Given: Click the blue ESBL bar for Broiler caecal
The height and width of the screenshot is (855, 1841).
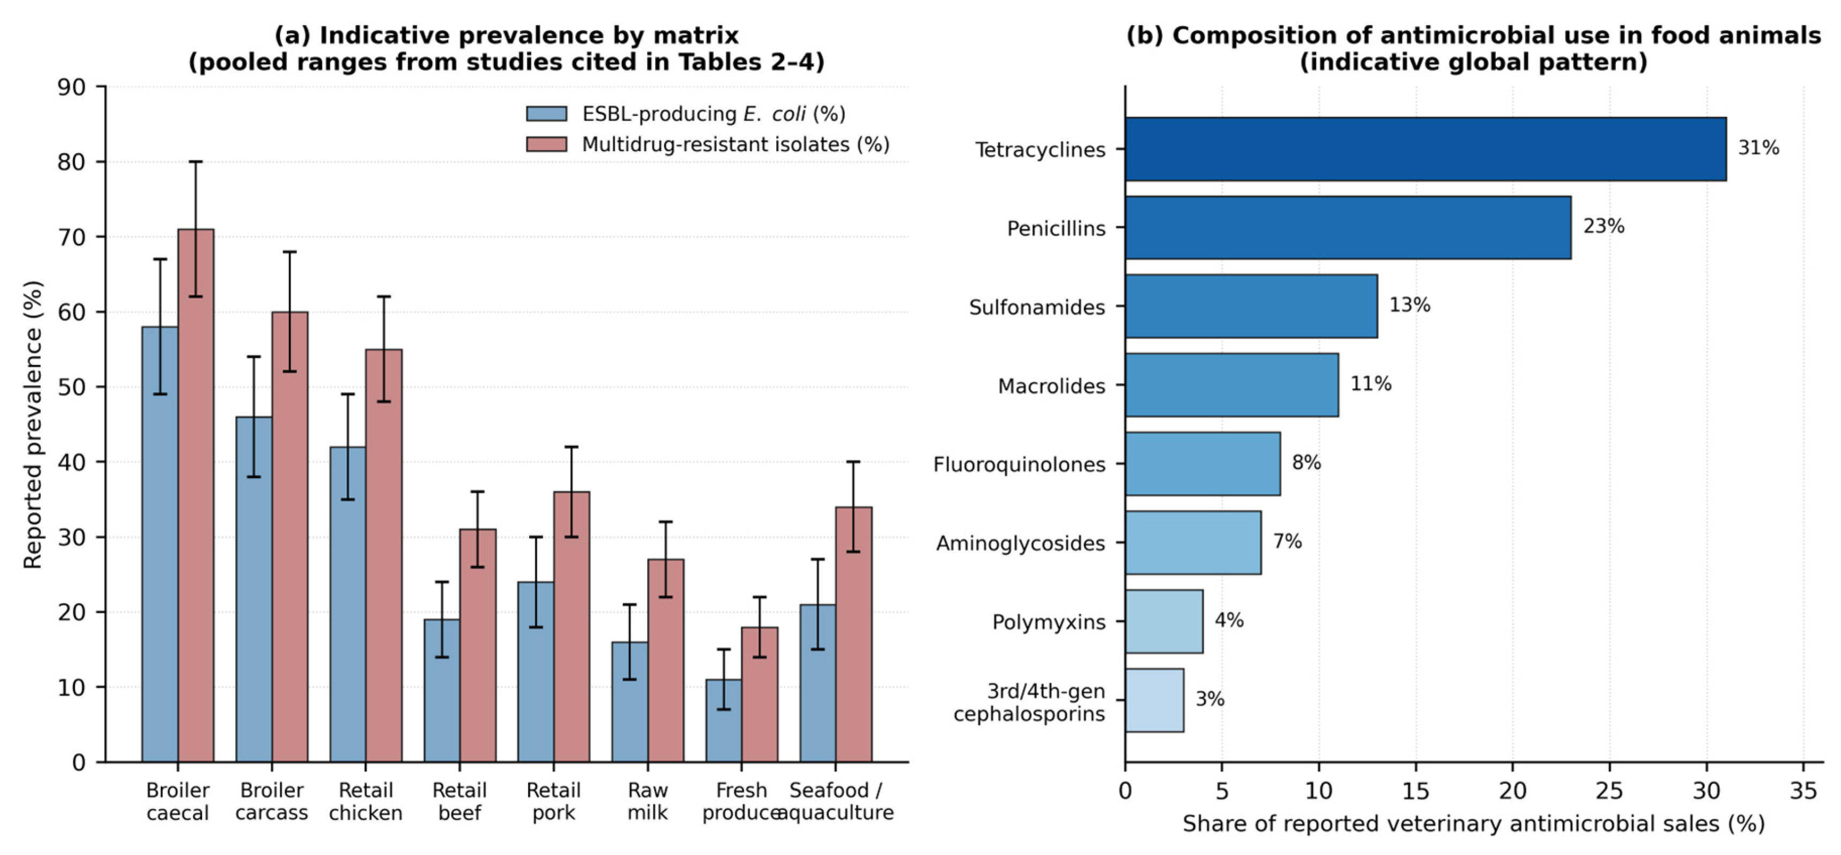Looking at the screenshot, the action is pos(160,544).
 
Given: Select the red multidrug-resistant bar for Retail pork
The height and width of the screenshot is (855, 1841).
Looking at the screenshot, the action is pos(571,627).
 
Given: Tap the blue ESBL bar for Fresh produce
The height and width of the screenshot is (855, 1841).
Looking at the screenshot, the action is pos(723,720).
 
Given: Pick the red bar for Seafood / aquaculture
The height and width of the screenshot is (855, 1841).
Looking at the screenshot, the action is pos(854,635).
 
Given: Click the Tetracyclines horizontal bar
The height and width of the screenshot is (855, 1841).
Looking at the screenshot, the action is pos(1426,148).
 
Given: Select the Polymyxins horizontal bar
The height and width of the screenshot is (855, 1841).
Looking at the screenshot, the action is pos(1164,621).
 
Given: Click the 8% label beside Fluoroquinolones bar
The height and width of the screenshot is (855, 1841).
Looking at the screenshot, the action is pos(1306,463).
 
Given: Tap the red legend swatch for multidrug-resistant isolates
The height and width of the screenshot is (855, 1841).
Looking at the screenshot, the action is pos(547,144).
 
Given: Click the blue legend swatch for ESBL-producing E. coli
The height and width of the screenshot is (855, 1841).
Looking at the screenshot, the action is pos(547,114).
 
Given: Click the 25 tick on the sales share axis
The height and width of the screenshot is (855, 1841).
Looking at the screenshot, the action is pos(1609,791).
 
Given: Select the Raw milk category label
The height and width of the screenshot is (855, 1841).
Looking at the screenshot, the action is pos(648,801).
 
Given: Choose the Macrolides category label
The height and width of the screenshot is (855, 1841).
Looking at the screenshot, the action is pos(1051,386).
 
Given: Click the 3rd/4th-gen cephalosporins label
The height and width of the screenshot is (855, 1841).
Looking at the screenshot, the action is pos(1029,702).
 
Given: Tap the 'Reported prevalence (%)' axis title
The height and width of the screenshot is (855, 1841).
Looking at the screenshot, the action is pos(33,425).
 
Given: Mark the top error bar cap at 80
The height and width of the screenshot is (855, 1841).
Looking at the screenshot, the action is pos(196,161).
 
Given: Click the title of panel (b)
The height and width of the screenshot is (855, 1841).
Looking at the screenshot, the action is pos(1474,49).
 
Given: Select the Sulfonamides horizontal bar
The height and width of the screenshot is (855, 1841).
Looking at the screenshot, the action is pos(1251,306).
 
